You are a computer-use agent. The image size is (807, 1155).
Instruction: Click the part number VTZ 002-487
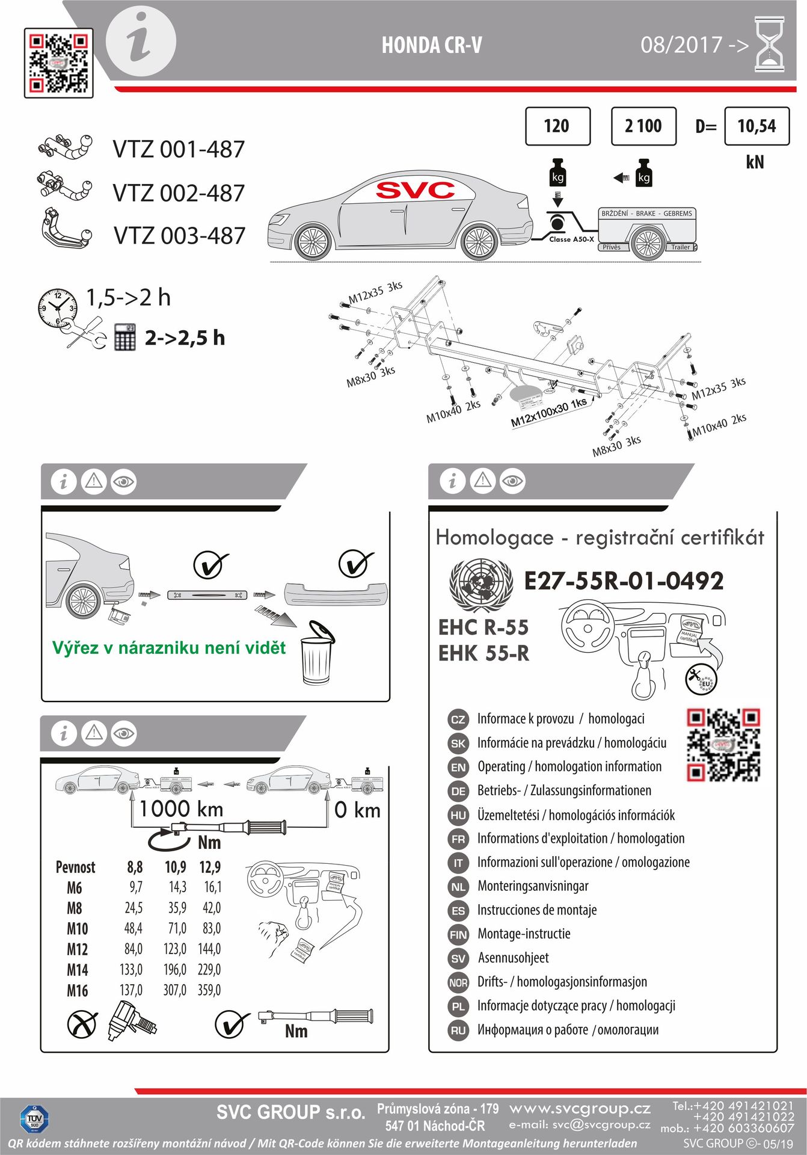[x=179, y=193]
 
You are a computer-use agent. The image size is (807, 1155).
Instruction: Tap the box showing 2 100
[x=643, y=126]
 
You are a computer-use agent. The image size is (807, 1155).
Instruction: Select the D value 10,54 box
[x=756, y=126]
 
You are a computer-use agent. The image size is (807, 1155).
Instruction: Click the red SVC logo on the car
[x=416, y=191]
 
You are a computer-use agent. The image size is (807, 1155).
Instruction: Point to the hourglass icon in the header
[x=770, y=45]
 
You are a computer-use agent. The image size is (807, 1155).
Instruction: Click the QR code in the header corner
[x=59, y=63]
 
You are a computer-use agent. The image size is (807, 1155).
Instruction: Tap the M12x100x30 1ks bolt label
[x=548, y=413]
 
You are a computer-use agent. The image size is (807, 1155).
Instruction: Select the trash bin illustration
[x=317, y=654]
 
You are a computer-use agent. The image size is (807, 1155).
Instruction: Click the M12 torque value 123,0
[x=175, y=949]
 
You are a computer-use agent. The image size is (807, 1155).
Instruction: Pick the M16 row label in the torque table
[x=78, y=990]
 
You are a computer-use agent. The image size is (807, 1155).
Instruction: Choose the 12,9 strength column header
[x=210, y=867]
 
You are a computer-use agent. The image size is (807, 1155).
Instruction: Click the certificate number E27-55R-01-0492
[x=624, y=581]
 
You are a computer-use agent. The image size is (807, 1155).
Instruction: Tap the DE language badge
[x=458, y=791]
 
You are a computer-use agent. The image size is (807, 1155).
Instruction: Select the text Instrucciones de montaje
[x=536, y=910]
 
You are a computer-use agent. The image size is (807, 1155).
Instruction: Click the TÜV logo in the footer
[x=34, y=1119]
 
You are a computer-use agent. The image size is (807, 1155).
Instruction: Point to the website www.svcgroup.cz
[x=580, y=1108]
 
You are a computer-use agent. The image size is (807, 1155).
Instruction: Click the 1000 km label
[x=181, y=809]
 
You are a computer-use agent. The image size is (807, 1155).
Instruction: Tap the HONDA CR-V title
[x=431, y=45]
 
